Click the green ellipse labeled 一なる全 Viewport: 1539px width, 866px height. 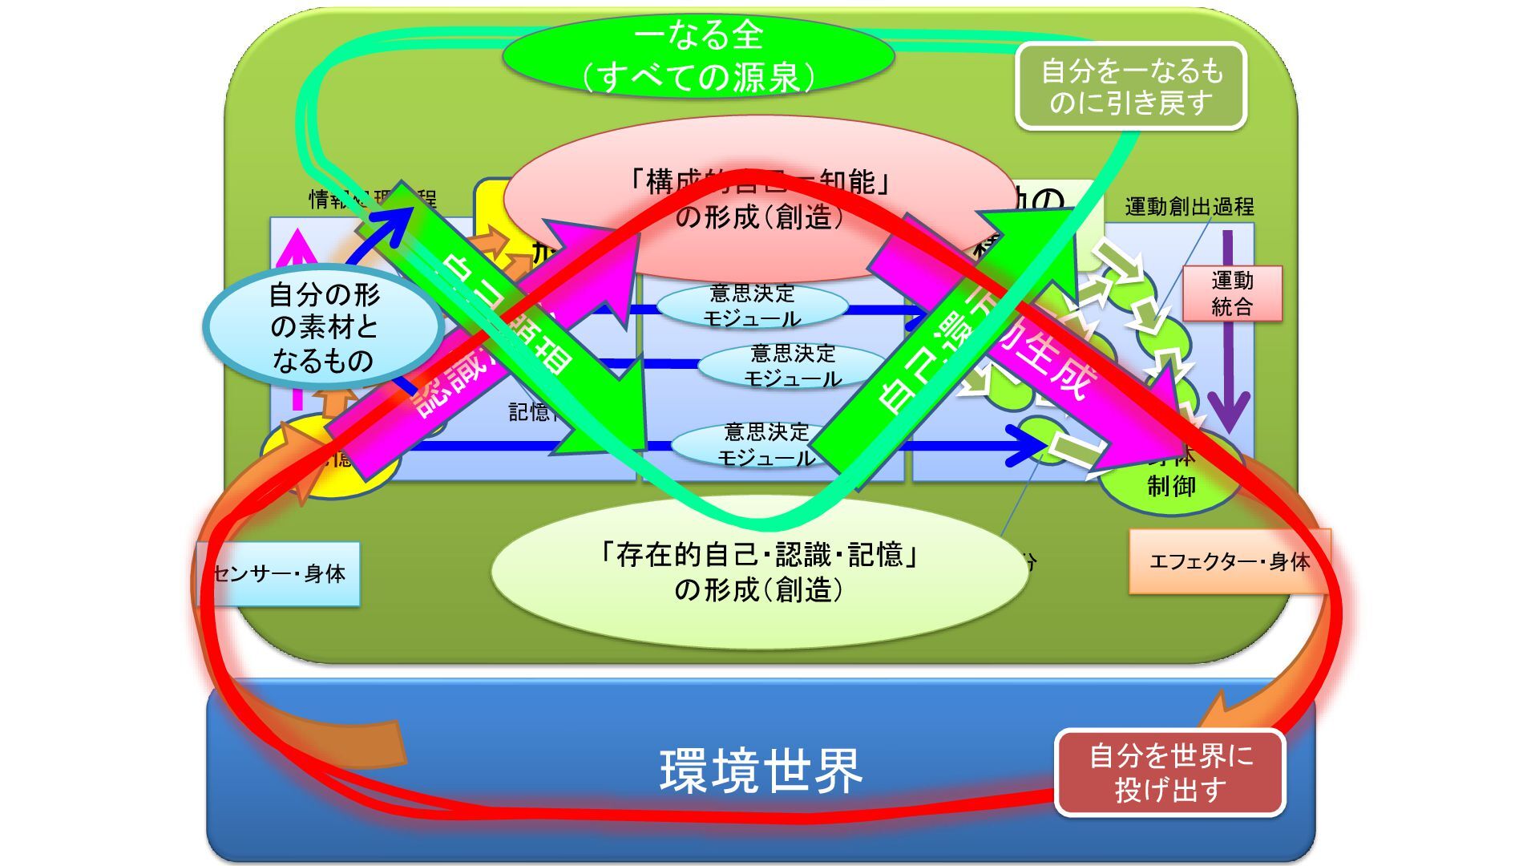point(698,56)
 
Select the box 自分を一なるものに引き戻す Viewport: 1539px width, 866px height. point(1131,87)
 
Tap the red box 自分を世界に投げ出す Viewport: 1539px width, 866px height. point(1169,773)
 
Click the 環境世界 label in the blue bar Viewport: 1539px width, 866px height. point(760,771)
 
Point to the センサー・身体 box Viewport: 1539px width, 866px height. point(279,574)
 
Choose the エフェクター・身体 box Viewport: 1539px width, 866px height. point(1229,561)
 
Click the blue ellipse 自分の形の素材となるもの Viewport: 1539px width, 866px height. point(323,327)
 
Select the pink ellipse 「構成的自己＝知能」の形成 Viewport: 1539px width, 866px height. point(759,199)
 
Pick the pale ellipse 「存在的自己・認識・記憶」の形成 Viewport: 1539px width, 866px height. point(758,572)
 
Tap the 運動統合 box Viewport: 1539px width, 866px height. point(1232,293)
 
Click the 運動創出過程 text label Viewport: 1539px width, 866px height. point(1189,207)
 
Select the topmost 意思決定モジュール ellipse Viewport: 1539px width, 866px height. point(752,306)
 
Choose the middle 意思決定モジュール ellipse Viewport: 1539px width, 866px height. point(793,366)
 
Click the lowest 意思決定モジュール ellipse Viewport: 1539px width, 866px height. point(765,445)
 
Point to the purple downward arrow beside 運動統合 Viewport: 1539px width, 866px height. point(1228,337)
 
